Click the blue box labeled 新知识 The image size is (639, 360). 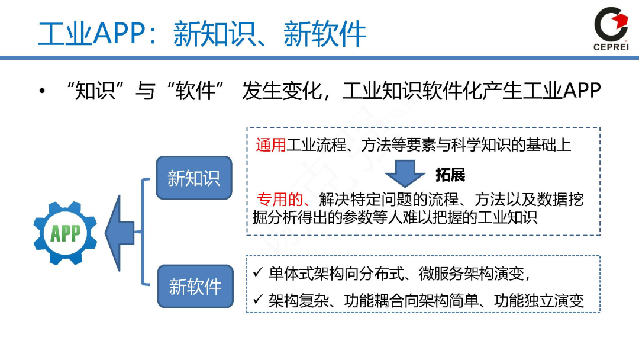click(193, 177)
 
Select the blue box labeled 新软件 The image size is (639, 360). click(195, 287)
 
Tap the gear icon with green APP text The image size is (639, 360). click(65, 233)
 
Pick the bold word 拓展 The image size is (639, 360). click(450, 175)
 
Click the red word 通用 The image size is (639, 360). click(271, 145)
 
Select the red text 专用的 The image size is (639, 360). click(280, 200)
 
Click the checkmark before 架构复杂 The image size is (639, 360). click(257, 300)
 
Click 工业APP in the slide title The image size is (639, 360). click(92, 34)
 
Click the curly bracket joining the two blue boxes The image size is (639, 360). click(143, 232)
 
